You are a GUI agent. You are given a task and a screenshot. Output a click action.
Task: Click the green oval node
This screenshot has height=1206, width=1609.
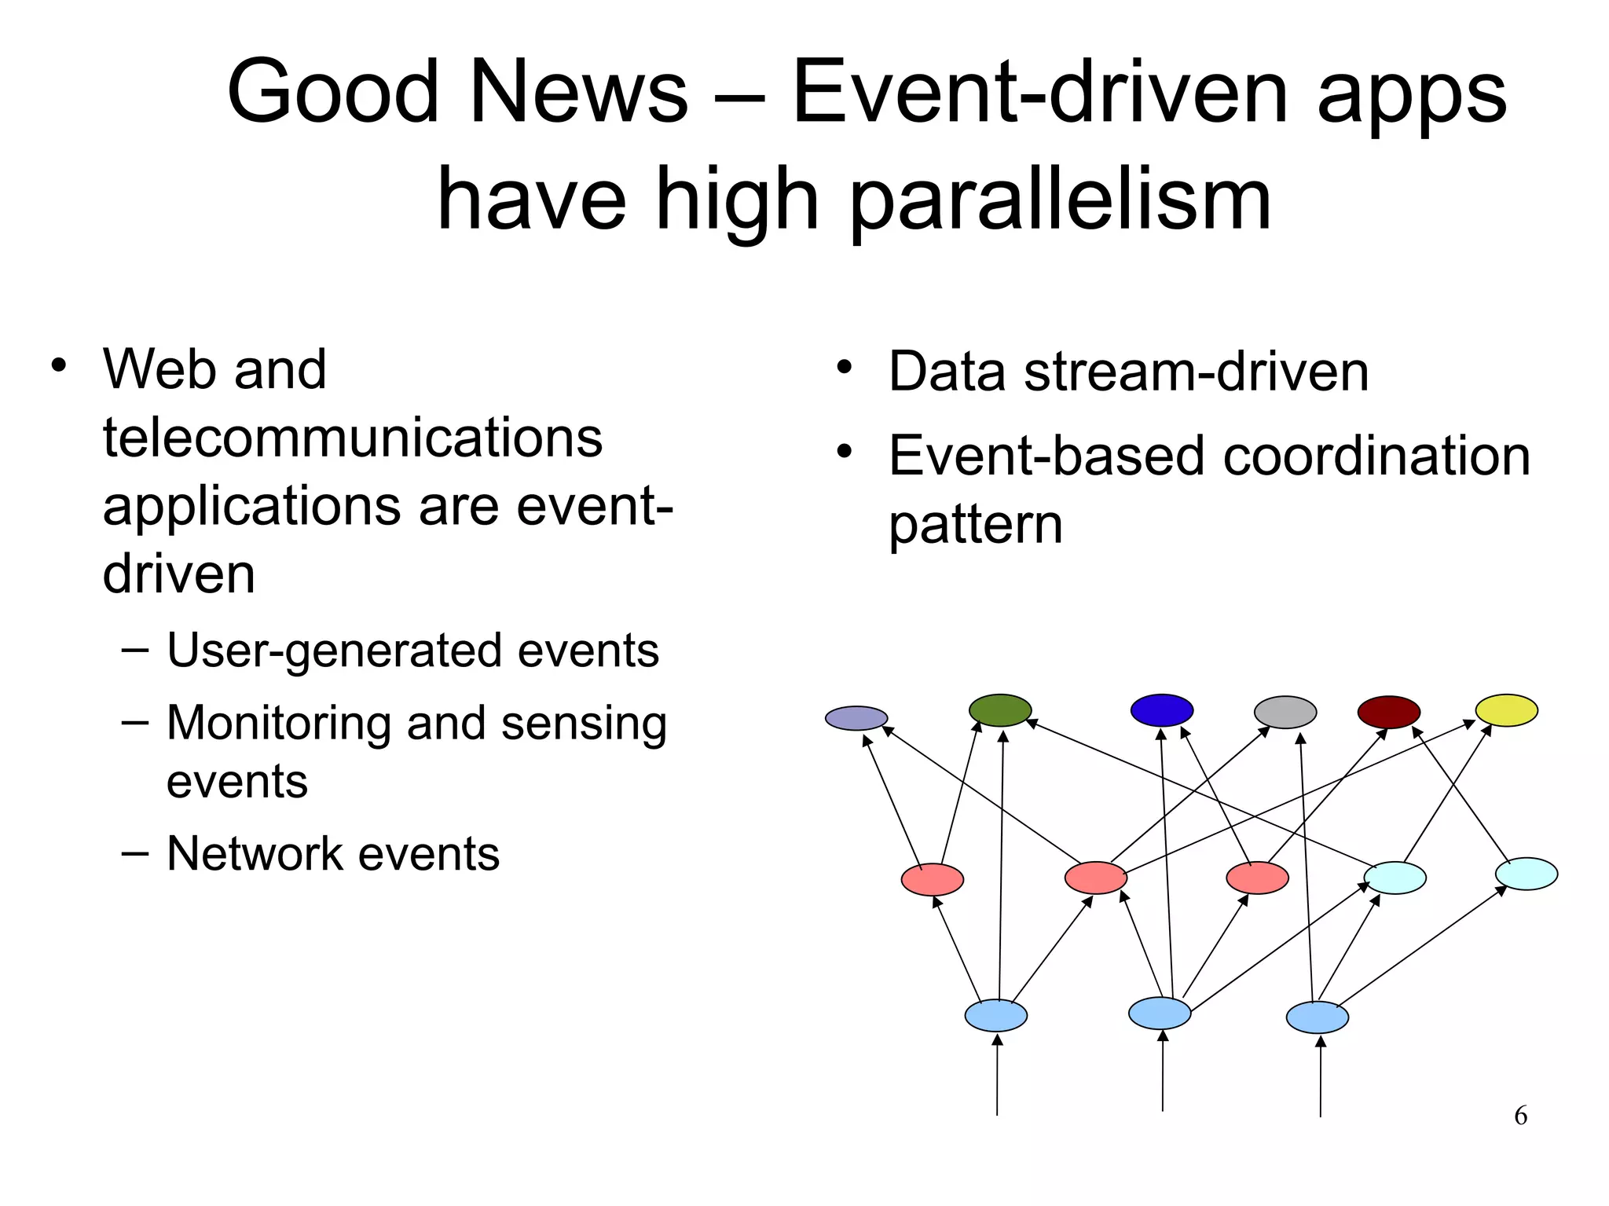tap(999, 710)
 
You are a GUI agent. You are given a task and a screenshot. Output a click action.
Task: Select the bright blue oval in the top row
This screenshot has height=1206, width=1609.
tap(1161, 710)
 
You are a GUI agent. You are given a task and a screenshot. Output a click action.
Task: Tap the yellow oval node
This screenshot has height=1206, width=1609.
tap(1506, 710)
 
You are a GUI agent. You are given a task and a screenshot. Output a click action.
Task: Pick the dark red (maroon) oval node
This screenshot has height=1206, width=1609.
tap(1388, 712)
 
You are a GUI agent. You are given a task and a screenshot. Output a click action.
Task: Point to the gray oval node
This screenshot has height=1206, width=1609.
tap(1285, 712)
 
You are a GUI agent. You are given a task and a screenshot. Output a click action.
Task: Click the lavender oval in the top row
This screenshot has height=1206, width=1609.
tap(856, 718)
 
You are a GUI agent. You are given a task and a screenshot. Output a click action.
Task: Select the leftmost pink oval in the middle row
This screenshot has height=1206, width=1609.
tap(932, 879)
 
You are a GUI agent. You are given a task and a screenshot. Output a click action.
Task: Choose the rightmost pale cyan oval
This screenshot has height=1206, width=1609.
tap(1526, 874)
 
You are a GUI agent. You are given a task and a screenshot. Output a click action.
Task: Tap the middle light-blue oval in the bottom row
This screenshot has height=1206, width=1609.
tap(1160, 1013)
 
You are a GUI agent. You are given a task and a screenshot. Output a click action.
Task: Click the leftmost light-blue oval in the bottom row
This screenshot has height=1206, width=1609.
tap(995, 1015)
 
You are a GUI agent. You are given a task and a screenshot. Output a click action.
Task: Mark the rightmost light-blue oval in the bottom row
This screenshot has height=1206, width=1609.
tap(1317, 1017)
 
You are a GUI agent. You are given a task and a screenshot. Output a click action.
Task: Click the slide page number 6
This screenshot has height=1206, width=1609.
tap(1520, 1116)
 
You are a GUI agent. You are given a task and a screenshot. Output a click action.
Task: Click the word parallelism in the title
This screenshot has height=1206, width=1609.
tap(1060, 201)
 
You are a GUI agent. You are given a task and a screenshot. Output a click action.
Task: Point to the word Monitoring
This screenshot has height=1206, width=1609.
tap(280, 723)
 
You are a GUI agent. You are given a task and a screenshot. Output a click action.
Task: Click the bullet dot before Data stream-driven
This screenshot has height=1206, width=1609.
tap(844, 368)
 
